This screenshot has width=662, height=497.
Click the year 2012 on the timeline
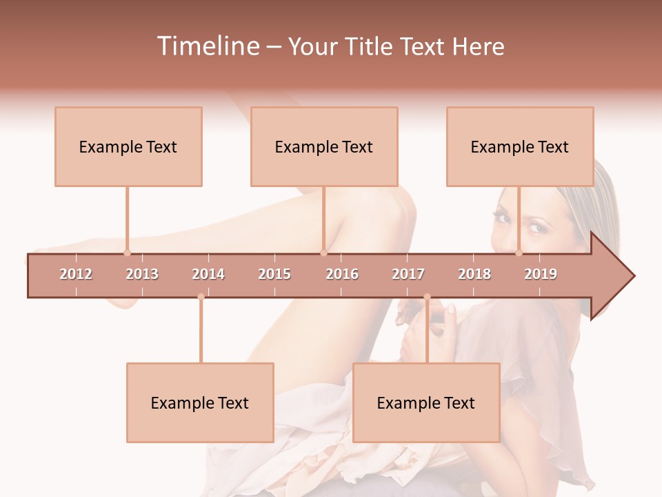[x=76, y=274]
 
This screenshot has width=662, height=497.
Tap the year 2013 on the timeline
[x=142, y=274]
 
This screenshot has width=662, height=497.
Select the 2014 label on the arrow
[x=208, y=274]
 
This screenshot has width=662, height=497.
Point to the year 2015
[x=274, y=274]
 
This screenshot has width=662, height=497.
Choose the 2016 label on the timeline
[x=342, y=274]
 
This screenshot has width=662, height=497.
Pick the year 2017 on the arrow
[x=408, y=274]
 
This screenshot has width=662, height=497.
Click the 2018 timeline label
[x=474, y=274]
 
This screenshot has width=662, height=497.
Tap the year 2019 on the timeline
[x=541, y=274]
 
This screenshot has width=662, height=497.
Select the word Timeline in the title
[x=207, y=46]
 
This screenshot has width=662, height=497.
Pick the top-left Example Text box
[x=128, y=146]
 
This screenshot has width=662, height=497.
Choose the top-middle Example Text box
[x=324, y=146]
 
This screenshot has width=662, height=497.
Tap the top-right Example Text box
[x=520, y=146]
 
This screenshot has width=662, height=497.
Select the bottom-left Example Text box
[x=200, y=402]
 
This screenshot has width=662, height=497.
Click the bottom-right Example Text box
[x=426, y=402]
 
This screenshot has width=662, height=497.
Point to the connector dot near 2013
[x=127, y=253]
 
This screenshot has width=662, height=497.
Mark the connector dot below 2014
[x=201, y=297]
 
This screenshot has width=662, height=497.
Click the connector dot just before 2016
[x=323, y=253]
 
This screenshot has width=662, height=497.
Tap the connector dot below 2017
[x=427, y=297]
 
